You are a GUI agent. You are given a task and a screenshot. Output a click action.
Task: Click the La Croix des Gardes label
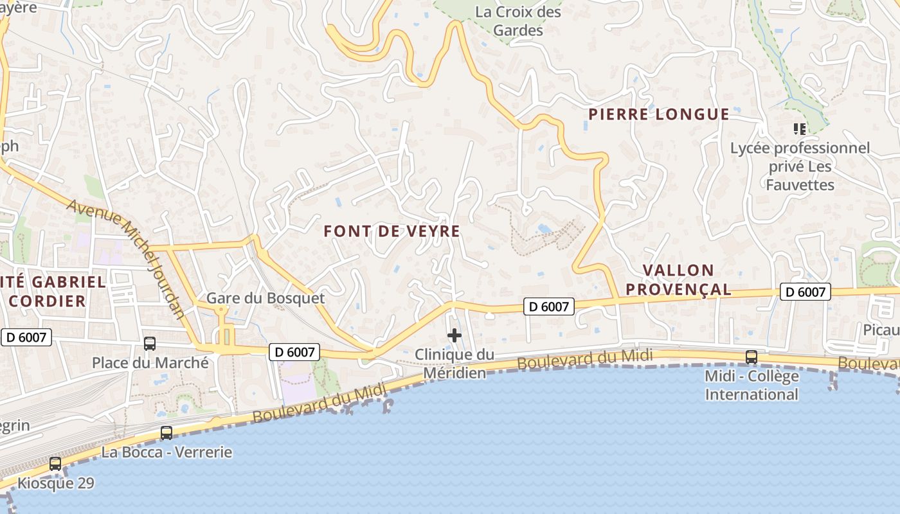point(517,21)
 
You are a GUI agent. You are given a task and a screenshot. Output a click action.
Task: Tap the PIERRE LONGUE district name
point(659,114)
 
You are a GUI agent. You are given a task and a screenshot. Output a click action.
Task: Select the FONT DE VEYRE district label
point(392,231)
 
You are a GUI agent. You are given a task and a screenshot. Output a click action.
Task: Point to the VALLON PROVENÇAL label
point(678,279)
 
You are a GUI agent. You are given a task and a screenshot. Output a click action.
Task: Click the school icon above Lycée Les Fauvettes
point(800,129)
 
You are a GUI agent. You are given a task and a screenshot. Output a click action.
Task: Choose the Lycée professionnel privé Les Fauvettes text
point(800,166)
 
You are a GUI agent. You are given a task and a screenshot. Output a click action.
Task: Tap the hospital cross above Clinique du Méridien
point(455,335)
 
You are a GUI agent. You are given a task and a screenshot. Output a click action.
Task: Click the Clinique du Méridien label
point(455,363)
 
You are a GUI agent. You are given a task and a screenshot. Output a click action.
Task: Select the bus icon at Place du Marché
point(150,344)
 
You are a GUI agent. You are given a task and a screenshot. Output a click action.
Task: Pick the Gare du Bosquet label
point(265,298)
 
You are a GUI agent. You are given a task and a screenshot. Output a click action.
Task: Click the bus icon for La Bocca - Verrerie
point(166,433)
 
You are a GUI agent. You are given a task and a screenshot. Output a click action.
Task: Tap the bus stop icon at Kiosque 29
point(55,464)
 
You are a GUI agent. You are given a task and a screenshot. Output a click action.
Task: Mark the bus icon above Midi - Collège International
point(751,357)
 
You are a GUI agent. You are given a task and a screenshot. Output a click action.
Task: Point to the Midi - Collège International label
point(751,385)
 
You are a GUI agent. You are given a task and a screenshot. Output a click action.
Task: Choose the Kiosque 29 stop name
point(56,483)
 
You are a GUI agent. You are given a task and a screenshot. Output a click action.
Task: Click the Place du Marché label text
point(150,362)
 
